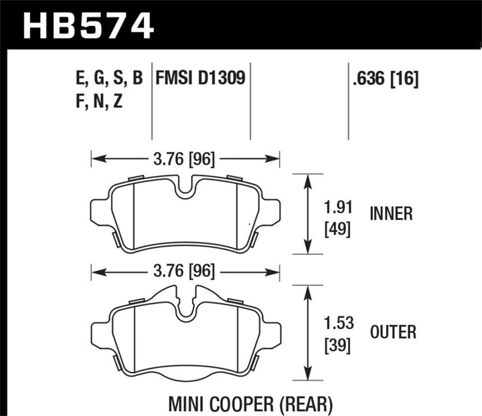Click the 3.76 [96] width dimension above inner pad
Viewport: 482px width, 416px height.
pyautogui.click(x=185, y=159)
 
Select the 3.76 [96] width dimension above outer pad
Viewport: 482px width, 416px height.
pyautogui.click(x=185, y=272)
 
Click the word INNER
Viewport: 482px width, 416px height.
pyautogui.click(x=391, y=214)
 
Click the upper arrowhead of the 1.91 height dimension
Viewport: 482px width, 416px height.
pyautogui.click(x=307, y=179)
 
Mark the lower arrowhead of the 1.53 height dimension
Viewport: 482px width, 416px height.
pyautogui.click(x=307, y=375)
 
